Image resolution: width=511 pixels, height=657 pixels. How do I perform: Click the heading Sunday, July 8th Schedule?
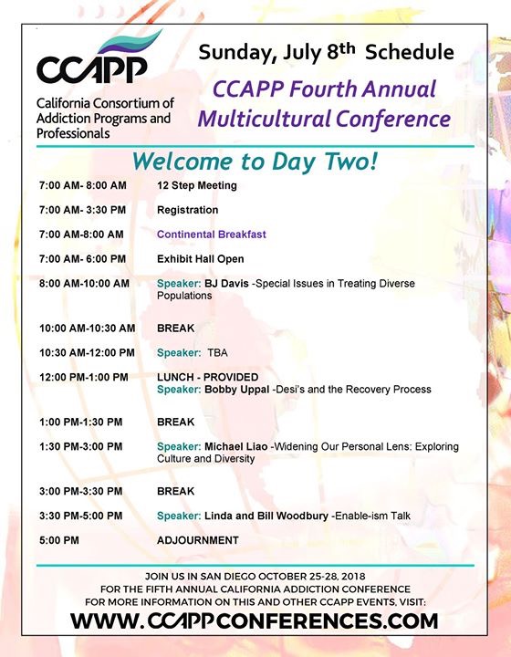327,51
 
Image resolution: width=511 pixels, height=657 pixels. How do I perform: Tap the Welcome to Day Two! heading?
255,161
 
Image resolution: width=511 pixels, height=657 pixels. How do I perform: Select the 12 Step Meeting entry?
196,186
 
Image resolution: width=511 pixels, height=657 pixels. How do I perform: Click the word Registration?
187,210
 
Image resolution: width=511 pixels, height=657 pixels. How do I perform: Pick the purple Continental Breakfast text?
211,235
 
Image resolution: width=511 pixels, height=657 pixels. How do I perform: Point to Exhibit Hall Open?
200,259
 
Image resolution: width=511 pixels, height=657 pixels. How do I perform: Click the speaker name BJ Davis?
231,284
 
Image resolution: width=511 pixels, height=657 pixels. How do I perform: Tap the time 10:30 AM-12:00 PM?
87,352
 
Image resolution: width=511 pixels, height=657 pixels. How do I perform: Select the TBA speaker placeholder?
218,352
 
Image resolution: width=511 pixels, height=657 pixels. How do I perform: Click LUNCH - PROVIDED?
207,377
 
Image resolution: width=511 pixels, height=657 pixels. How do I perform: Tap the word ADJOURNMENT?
198,540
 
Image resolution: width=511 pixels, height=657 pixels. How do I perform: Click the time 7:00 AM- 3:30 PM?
83,210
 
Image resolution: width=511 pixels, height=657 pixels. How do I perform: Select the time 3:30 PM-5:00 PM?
83,516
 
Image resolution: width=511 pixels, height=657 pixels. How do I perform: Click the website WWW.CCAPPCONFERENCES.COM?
255,621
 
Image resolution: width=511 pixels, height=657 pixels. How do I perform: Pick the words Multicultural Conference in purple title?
324,119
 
